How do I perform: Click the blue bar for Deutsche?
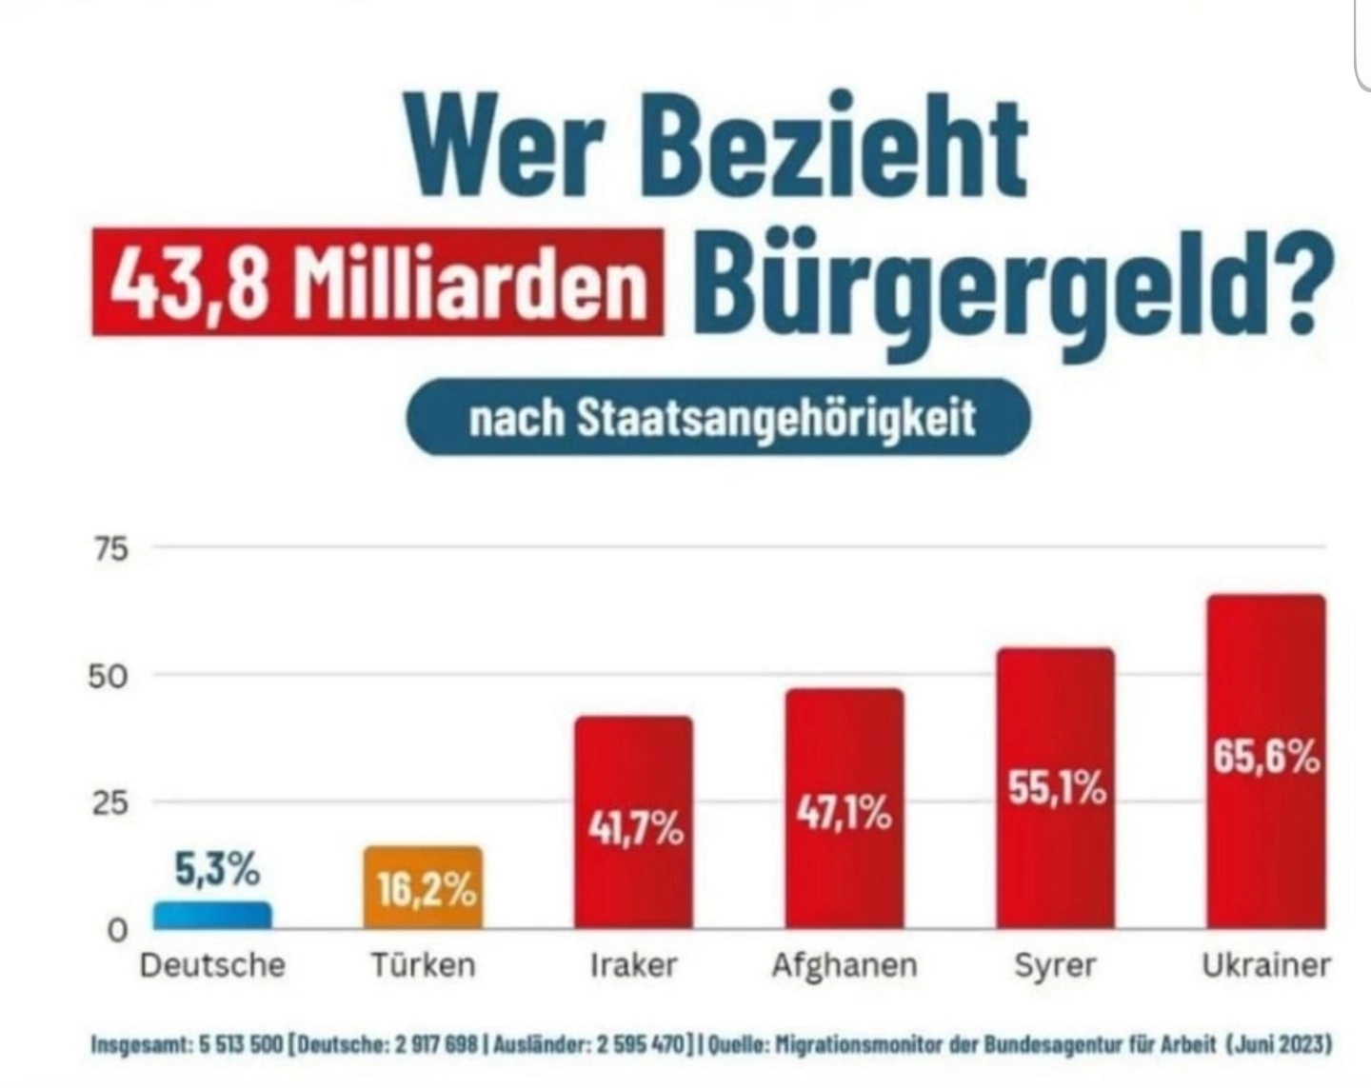(212, 915)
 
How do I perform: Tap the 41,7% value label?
(635, 828)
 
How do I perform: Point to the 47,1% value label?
(844, 814)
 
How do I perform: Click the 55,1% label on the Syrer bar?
(1057, 788)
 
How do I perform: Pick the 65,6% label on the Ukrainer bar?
(1266, 758)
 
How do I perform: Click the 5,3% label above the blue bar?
(216, 868)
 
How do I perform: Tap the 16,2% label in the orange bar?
(426, 891)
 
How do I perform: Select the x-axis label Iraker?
(634, 965)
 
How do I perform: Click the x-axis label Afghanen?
(844, 965)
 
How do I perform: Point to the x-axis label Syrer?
(1055, 965)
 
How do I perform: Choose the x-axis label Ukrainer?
(1265, 965)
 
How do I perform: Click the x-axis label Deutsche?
(212, 965)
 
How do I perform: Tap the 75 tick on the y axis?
(109, 549)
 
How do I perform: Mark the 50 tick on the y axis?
(108, 677)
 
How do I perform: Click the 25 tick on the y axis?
(108, 803)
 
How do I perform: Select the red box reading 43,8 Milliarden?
(378, 283)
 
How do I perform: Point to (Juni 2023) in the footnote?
(1279, 1044)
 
